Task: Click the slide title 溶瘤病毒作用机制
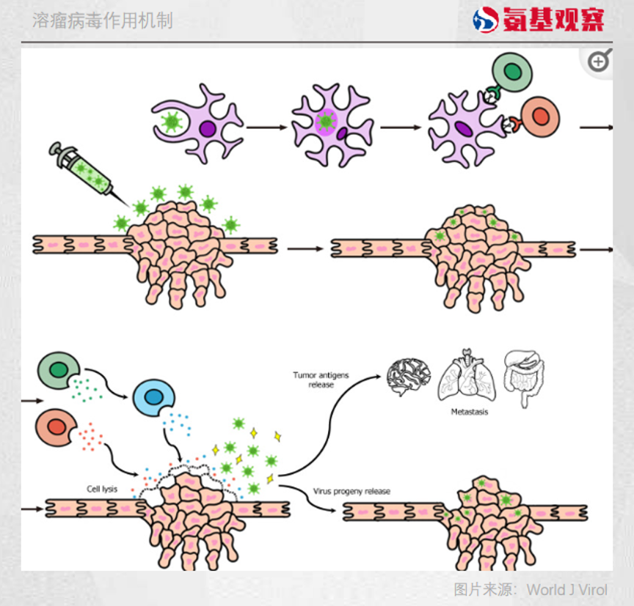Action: coord(103,21)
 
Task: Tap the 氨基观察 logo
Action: coord(539,20)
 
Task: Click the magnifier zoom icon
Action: coord(599,62)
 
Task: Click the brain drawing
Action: coord(409,377)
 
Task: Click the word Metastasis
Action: coord(470,412)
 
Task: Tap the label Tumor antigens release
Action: coord(321,380)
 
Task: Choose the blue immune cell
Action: coord(154,397)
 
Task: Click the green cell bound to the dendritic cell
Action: coord(513,73)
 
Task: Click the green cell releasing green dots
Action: coord(57,371)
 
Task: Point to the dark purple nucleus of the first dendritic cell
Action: coord(208,129)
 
